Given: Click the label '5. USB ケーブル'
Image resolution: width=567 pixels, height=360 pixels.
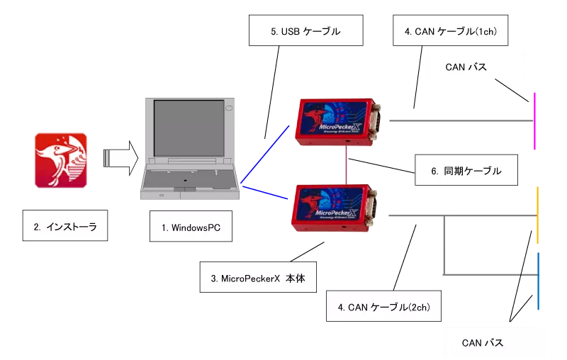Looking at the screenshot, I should click(x=305, y=32).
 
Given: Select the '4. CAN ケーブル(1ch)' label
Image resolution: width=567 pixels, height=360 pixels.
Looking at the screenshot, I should click(x=450, y=32).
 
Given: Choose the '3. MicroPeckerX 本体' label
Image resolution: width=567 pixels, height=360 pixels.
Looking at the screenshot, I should click(x=257, y=279).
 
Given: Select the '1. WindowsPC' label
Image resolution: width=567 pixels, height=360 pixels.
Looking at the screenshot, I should click(x=191, y=227).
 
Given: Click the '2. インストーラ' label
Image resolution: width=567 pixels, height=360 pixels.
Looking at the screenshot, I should click(x=64, y=227).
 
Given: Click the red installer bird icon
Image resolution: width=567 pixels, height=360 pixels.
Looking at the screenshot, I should click(x=62, y=159).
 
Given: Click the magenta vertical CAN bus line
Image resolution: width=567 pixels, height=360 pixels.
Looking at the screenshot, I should click(x=534, y=120).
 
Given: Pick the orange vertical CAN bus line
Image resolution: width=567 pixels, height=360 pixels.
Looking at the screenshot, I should click(x=538, y=215).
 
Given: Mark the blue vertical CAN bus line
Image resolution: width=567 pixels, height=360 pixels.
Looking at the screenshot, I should click(x=538, y=281).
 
